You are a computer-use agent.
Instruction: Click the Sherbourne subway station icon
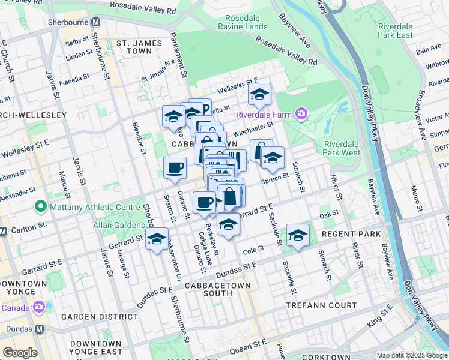pos(95,22)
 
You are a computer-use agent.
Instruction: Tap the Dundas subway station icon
pos(39,329)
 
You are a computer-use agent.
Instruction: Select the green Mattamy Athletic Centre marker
pos(41,208)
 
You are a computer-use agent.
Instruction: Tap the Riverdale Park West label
pos(342,148)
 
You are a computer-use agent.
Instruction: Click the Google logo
pos(20,353)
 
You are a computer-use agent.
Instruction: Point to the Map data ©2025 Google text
pos(411,355)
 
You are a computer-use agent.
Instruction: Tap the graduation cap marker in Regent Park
pos(297,236)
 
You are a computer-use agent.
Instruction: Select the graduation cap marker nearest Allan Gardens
pos(157,239)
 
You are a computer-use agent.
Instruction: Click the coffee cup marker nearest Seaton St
pos(175,167)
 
